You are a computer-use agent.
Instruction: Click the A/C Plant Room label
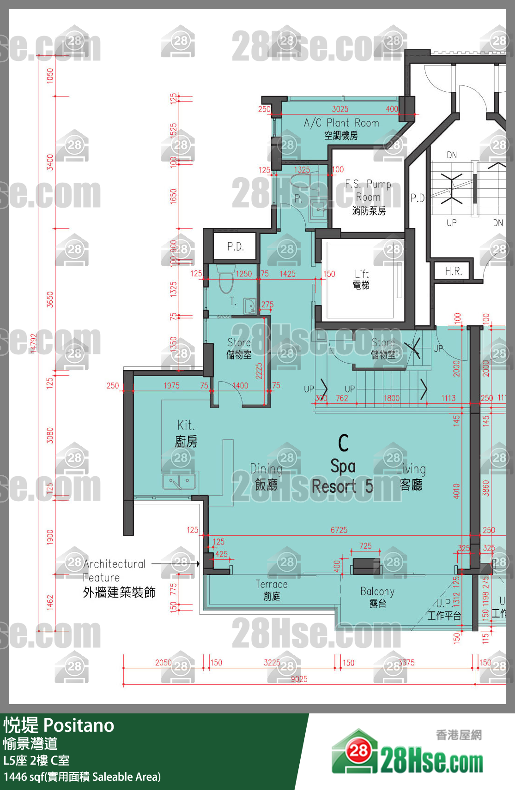click(x=341, y=128)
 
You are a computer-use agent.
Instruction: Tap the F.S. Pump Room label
click(x=368, y=197)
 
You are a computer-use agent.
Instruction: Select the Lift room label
click(x=361, y=279)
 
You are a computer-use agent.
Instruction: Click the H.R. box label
click(x=453, y=271)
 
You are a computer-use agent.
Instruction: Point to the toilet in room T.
click(x=226, y=282)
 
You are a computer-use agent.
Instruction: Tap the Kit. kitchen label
click(x=186, y=433)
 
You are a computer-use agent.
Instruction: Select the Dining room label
click(x=266, y=476)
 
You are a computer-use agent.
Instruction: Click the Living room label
click(x=411, y=476)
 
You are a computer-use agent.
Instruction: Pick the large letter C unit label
click(x=343, y=443)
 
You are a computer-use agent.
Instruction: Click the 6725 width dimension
click(x=339, y=530)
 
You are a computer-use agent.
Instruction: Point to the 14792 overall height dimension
click(x=33, y=343)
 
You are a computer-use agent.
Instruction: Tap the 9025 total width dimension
click(x=299, y=679)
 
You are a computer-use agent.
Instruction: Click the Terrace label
click(x=272, y=589)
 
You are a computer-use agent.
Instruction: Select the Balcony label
click(x=377, y=597)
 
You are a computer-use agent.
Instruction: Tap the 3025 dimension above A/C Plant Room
click(x=340, y=109)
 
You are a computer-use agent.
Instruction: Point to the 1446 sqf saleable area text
click(x=82, y=777)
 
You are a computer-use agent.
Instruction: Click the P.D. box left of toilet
click(x=235, y=246)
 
